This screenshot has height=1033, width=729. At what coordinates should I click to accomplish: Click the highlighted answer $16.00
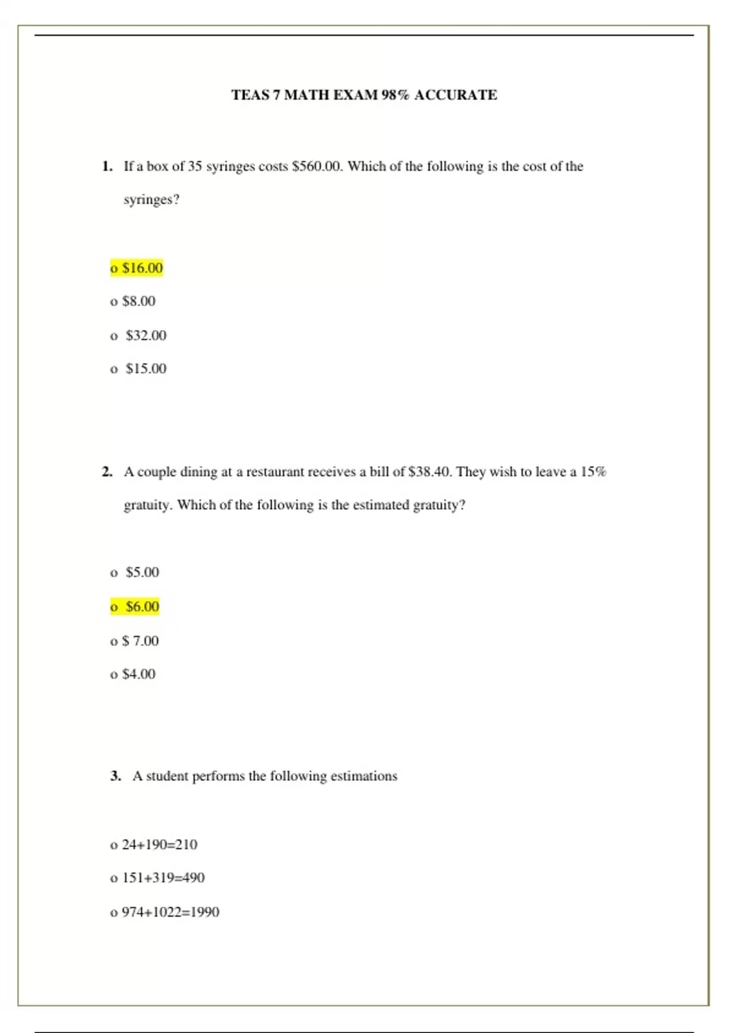point(137,268)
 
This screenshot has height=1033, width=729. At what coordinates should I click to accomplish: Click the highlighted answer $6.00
point(135,606)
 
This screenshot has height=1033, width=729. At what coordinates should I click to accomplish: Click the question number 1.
point(108,166)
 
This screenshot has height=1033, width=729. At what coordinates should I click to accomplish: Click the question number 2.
point(108,472)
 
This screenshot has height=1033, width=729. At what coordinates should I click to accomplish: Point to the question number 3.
point(115,776)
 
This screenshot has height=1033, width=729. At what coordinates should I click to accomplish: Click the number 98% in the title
point(395,95)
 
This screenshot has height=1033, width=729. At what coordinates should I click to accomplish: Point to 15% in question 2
point(594,472)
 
